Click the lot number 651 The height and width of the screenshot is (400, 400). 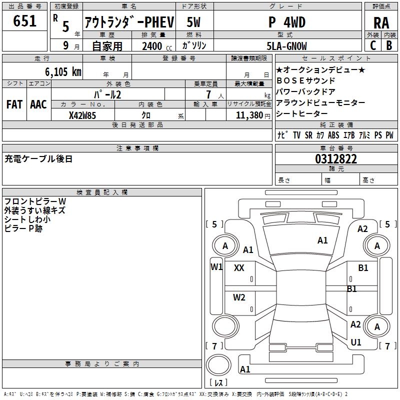coord(24,21)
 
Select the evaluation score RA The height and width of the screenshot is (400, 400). coord(381,23)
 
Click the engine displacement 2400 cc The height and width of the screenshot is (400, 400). coord(154,46)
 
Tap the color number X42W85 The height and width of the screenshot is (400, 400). coord(82,115)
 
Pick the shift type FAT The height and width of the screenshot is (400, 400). coord(14,104)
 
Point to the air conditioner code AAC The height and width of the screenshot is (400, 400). coord(38,104)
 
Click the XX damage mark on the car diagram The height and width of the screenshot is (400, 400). coord(239,268)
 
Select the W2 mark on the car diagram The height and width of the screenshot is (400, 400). coord(239,297)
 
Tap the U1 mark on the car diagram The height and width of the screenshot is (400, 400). coord(356,342)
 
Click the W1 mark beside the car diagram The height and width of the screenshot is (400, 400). coord(216,266)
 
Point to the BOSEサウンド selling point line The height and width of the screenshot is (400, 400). coord(305,80)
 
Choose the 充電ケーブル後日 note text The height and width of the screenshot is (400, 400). coord(39,159)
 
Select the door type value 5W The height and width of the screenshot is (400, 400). coord(194,22)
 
